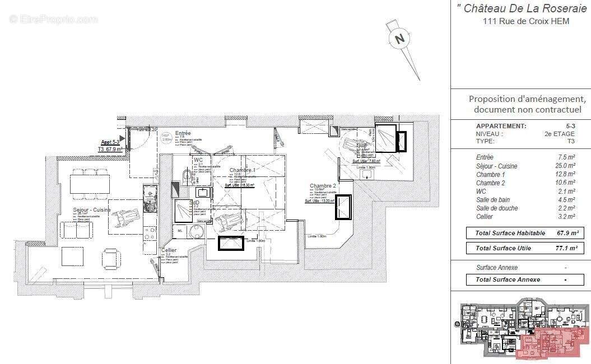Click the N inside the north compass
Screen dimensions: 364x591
(x=399, y=39)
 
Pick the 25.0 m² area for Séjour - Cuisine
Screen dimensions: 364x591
(x=565, y=166)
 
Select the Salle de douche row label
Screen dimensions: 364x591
(x=497, y=208)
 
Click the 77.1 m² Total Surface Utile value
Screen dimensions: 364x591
(x=566, y=248)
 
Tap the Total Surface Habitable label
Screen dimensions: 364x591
(x=510, y=233)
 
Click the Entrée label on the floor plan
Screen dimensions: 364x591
(x=183, y=133)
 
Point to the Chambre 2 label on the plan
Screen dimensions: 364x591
(x=323, y=186)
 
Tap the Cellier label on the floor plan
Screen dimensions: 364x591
(x=169, y=250)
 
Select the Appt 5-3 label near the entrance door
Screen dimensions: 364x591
(x=110, y=143)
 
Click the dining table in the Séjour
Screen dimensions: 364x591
(x=90, y=184)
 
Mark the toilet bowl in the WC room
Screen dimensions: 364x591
(x=185, y=179)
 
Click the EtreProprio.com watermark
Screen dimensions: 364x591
(x=53, y=19)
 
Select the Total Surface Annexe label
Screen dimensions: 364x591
(x=508, y=279)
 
